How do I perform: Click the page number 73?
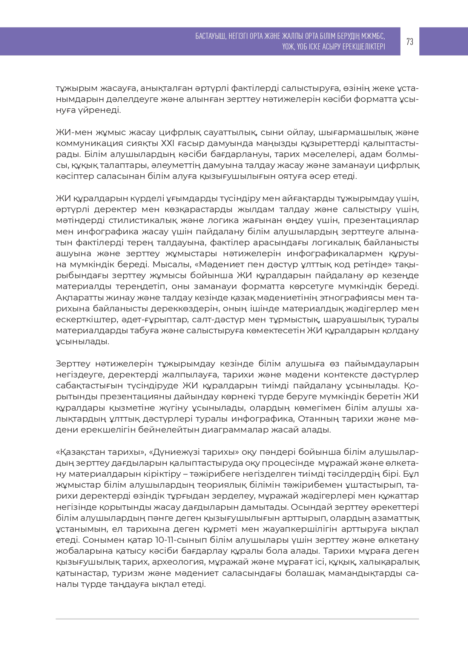410,42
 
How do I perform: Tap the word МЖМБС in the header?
373,36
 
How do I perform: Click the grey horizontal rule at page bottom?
237,619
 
